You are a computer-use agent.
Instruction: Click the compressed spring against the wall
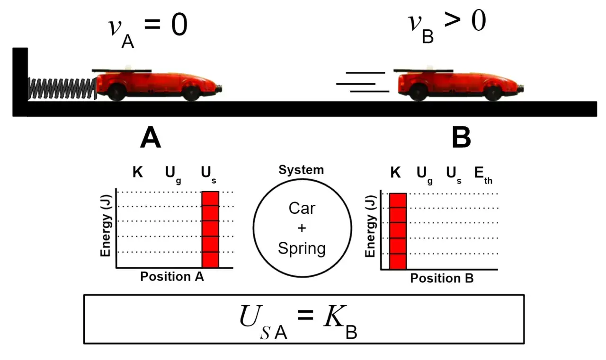[x=62, y=88]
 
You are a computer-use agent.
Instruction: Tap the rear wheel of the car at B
[x=419, y=92]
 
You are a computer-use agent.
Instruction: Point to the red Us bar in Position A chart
[x=211, y=229]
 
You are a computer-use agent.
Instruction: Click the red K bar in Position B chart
[x=398, y=231]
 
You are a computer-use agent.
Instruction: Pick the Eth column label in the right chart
[x=483, y=175]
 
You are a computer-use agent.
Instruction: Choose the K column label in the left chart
[x=138, y=172]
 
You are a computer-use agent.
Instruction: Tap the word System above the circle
[x=302, y=170]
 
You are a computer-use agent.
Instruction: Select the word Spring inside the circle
[x=302, y=249]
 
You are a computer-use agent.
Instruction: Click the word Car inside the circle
[x=302, y=208]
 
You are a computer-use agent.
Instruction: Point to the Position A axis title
[x=172, y=276]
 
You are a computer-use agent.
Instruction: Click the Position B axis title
[x=442, y=278]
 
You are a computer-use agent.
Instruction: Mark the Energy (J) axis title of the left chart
[x=106, y=225]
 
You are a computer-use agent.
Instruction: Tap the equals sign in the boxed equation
[x=305, y=315]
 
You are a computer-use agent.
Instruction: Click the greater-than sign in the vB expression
[x=452, y=20]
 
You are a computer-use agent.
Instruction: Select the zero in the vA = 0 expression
[x=179, y=25]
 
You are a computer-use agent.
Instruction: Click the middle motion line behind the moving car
[x=356, y=84]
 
